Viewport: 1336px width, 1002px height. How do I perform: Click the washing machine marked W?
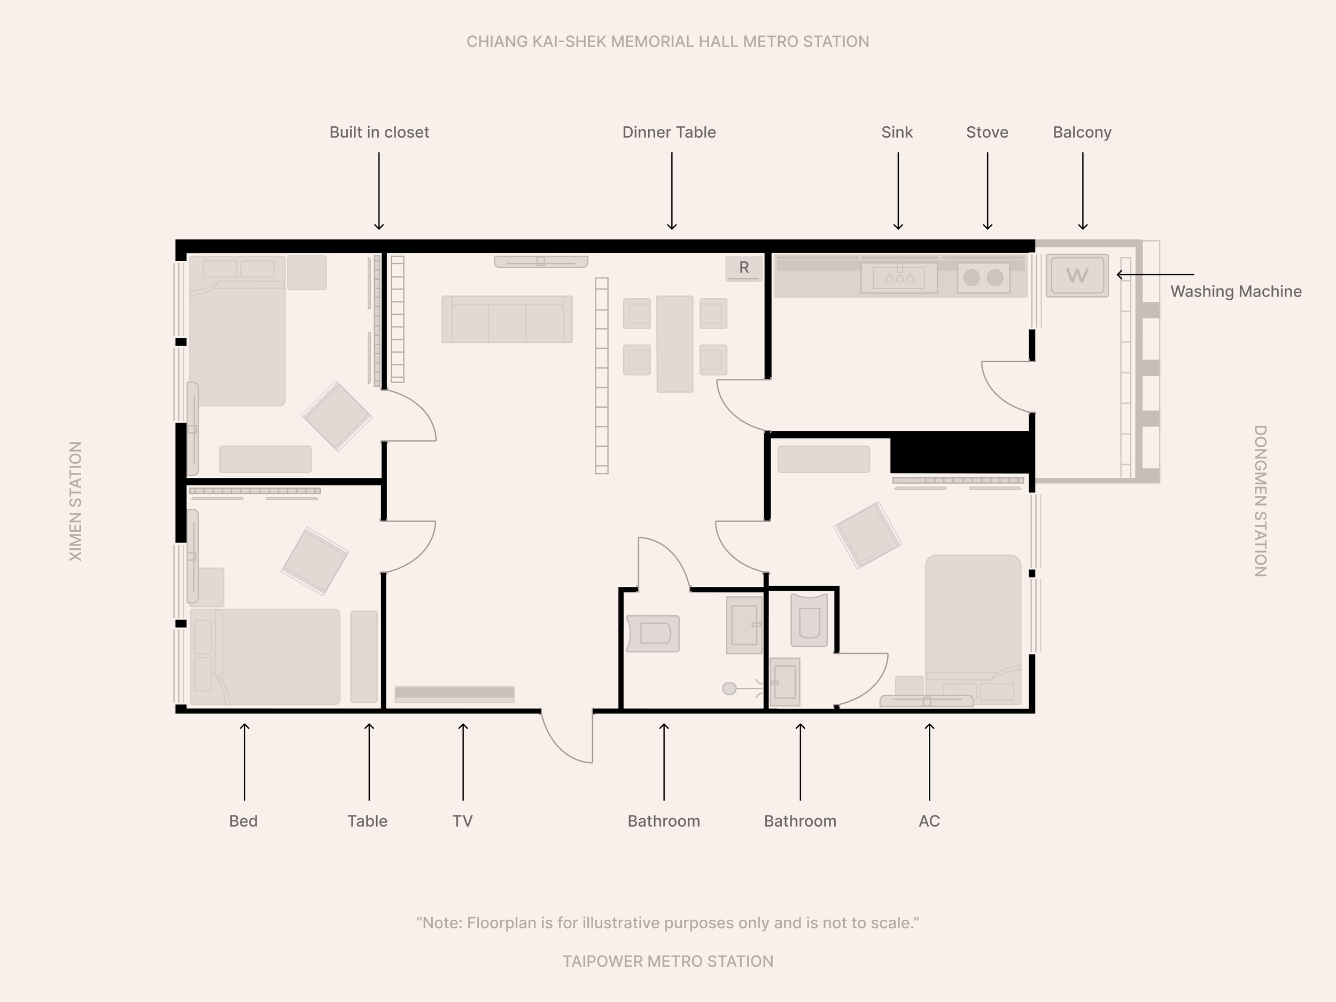[1077, 275]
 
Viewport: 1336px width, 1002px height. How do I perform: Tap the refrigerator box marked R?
[743, 269]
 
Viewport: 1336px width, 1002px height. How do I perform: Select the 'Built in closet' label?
[379, 133]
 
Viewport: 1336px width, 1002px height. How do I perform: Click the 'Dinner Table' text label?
[669, 133]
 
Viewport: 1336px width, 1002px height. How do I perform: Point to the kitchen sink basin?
[899, 277]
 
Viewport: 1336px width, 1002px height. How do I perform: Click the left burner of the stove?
[971, 277]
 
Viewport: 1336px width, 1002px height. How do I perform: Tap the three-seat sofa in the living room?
[507, 320]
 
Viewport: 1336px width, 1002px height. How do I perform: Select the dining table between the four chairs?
[674, 344]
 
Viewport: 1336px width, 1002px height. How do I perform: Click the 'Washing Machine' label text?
[1236, 292]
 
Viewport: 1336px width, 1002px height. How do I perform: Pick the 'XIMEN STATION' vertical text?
[75, 501]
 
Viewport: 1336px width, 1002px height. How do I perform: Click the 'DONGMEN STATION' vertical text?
[1260, 501]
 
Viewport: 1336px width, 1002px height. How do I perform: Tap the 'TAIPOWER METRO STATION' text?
[668, 961]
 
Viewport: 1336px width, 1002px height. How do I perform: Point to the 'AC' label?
[929, 821]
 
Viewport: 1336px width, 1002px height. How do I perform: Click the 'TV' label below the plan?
[463, 821]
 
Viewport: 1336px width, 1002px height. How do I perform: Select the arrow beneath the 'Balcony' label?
[1082, 191]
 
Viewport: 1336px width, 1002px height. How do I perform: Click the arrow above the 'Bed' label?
[244, 762]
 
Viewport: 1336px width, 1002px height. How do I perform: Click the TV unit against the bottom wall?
[454, 694]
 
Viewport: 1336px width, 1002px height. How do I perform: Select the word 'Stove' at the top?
[987, 133]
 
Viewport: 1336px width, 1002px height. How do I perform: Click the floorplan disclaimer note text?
[668, 923]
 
